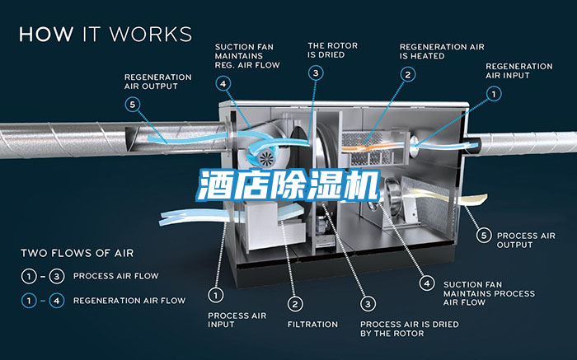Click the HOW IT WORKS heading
(x=106, y=34)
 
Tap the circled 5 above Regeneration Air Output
(x=133, y=105)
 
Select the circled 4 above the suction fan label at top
(x=223, y=83)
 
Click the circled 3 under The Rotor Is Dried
(x=316, y=72)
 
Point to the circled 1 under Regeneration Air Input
(x=493, y=94)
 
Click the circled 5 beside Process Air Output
(x=484, y=235)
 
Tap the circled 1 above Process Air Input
(x=215, y=294)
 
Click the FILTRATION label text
(x=312, y=324)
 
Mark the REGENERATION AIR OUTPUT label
(x=158, y=82)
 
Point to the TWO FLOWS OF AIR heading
(x=77, y=253)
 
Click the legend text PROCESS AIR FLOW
(x=116, y=276)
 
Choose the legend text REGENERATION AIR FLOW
(x=129, y=301)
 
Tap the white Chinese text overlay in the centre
(x=288, y=186)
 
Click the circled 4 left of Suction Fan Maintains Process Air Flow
(x=426, y=283)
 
